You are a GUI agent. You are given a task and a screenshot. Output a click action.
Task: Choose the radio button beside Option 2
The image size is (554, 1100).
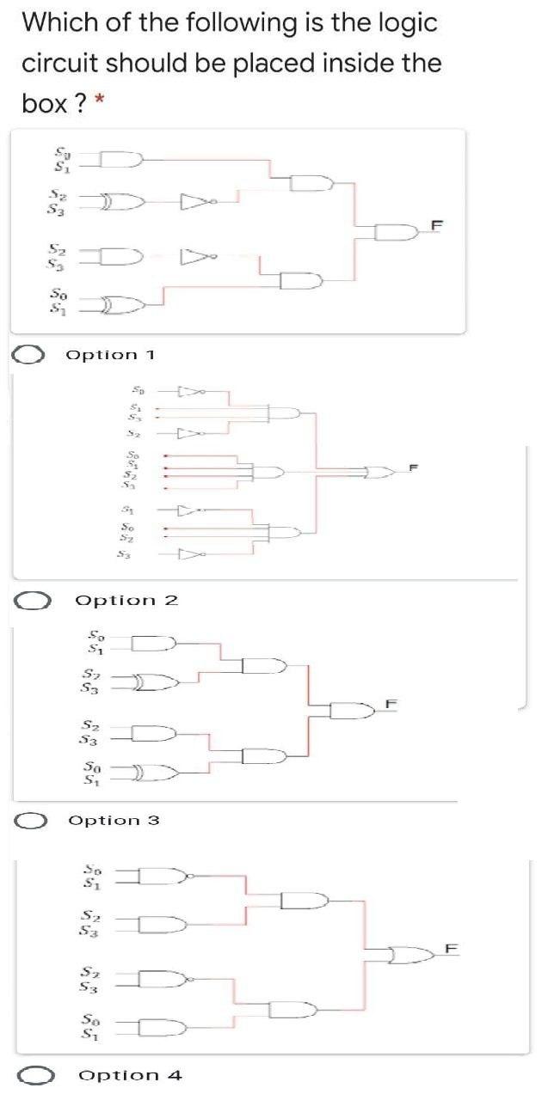tap(32, 600)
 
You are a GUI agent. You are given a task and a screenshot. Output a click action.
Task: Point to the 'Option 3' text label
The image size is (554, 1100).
tap(114, 821)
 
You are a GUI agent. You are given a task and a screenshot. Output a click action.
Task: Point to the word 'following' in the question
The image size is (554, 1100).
tap(212, 23)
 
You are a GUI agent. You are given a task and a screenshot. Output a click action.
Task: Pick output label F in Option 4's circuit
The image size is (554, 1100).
tap(447, 948)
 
